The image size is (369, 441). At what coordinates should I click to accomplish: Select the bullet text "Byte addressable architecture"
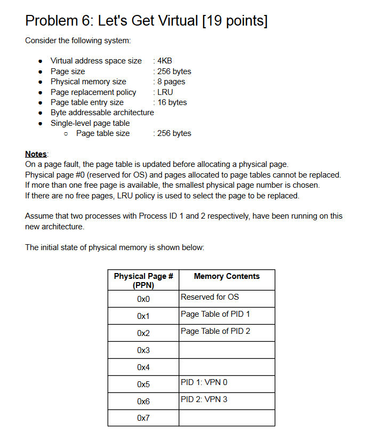point(102,113)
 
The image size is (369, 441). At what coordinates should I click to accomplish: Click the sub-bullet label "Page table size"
point(103,133)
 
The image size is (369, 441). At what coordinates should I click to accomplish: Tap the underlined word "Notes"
point(36,154)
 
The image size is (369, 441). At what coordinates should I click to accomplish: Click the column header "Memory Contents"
point(227,276)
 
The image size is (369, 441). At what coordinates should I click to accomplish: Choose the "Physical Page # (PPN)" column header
point(143,280)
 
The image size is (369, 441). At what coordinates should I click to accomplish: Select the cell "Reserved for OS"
point(210,297)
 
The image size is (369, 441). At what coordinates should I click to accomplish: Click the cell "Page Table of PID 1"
point(215,314)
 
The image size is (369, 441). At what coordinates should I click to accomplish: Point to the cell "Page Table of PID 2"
point(215,331)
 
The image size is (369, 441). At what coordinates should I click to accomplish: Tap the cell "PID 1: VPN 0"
point(204,382)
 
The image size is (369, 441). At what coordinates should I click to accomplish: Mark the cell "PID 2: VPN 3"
point(204,399)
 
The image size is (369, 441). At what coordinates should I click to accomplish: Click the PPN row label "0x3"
point(143,350)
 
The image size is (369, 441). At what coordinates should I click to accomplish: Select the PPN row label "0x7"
point(143,419)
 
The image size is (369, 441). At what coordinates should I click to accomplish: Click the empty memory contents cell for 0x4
point(227,367)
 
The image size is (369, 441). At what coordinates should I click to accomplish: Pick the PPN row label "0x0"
point(143,299)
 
